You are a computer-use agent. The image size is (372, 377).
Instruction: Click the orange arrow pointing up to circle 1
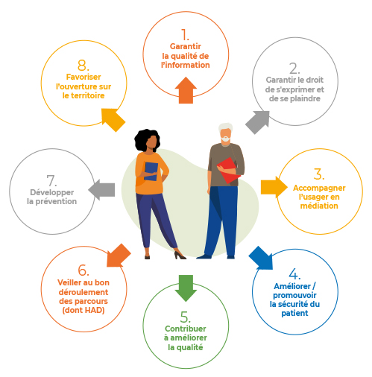point(186,90)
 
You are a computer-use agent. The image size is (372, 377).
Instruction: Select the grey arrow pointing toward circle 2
point(258,122)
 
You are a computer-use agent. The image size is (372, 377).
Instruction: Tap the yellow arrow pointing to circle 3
point(274,187)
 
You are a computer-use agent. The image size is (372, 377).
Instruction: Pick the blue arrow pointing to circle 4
point(261,258)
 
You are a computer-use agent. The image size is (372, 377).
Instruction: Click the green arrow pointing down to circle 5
point(186,288)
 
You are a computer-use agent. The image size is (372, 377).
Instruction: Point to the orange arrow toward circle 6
point(119,256)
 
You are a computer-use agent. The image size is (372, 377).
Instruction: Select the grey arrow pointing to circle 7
point(101,190)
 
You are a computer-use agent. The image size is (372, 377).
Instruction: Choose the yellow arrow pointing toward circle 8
point(113,120)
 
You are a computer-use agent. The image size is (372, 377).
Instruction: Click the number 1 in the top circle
point(185,35)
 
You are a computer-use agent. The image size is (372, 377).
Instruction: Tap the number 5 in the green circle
point(185,317)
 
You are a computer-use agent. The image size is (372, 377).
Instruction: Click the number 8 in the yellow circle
point(83,66)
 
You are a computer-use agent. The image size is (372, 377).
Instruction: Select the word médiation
point(319,206)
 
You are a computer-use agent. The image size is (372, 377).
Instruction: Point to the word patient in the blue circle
point(294,313)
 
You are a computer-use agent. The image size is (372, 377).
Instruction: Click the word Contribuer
point(186,329)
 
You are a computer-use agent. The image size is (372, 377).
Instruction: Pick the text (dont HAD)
point(83,310)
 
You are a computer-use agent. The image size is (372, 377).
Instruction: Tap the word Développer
point(52,192)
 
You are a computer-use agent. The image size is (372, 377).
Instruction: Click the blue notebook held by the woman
point(151,171)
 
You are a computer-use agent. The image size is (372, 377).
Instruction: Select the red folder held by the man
point(228,171)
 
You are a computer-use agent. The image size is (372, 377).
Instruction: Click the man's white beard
point(226,139)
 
